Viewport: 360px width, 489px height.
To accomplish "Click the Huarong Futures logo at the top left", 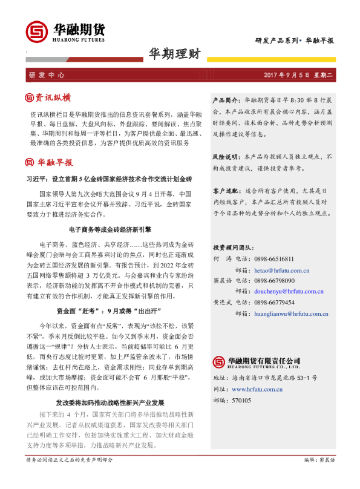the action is pos(64,31).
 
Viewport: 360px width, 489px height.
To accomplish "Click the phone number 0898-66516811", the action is pos(274,258).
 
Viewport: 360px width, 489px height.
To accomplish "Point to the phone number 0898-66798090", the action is pos(274,281).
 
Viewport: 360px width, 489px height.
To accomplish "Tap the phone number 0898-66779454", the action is pos(274,303).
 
